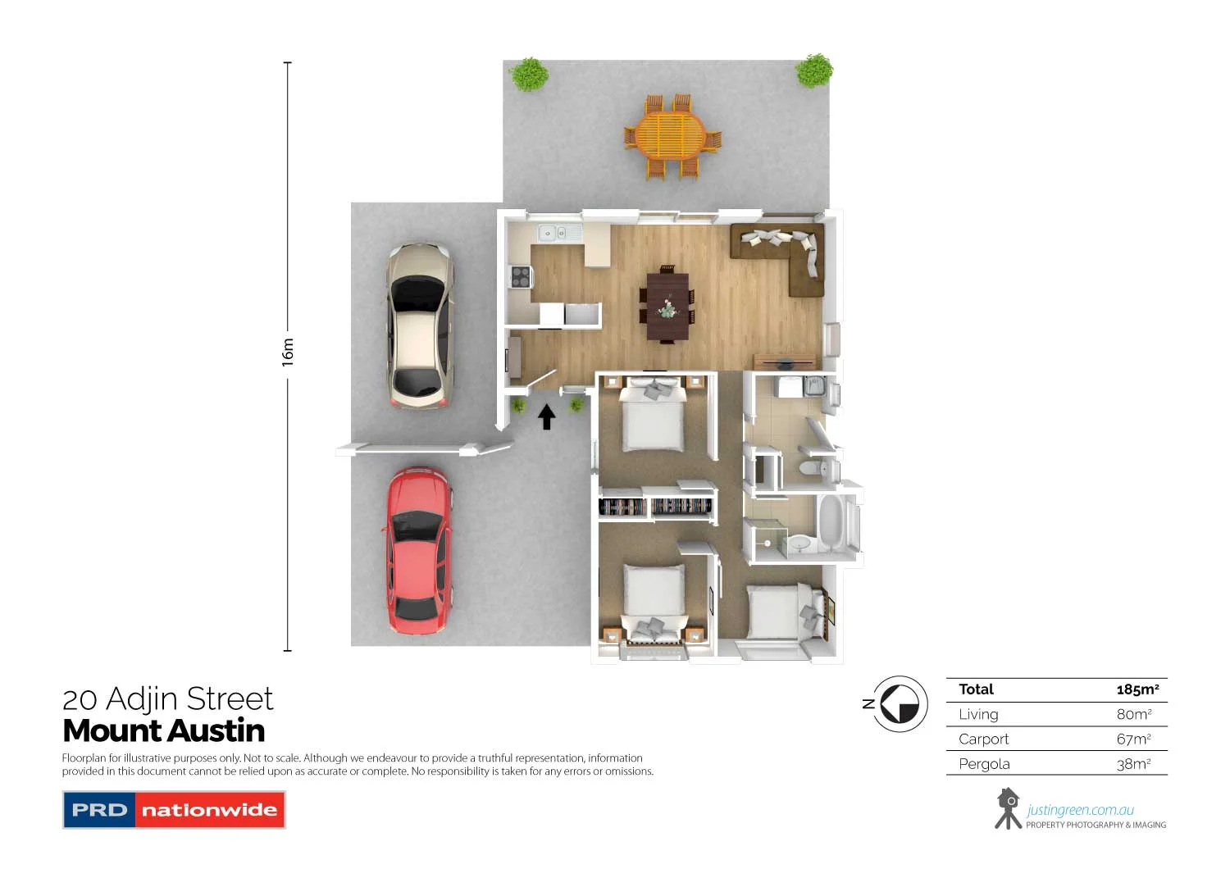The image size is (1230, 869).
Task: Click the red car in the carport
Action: point(419,550)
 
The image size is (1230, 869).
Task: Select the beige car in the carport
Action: point(420,325)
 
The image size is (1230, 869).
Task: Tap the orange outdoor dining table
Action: point(670,136)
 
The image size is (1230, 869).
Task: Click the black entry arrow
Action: point(546,416)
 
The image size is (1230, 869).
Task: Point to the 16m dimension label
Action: point(288,352)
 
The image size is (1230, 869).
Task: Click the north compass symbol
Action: point(899,703)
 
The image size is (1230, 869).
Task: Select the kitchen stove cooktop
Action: point(521,277)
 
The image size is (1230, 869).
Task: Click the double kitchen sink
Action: point(554,234)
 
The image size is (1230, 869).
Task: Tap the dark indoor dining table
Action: point(667,305)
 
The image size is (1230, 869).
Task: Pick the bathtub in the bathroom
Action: point(831,522)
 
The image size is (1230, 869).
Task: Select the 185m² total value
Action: point(1137,689)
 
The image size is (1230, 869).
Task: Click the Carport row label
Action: point(983,739)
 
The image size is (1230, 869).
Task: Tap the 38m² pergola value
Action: point(1133,763)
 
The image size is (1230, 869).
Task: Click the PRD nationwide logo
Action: point(174,810)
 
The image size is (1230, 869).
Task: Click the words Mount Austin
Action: point(164,730)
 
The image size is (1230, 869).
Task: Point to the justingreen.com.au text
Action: point(1080,810)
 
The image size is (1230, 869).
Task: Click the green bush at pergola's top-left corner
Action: point(529,75)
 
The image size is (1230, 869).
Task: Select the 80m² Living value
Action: point(1133,714)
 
